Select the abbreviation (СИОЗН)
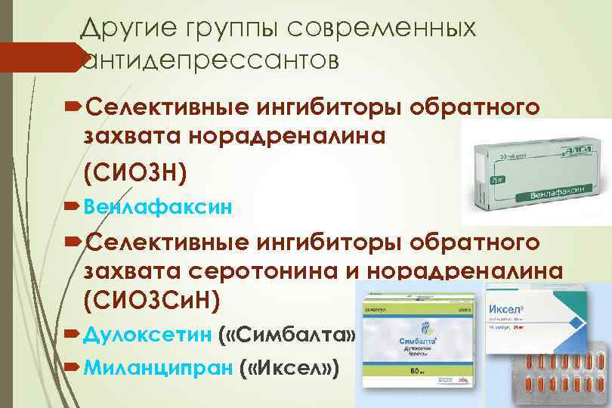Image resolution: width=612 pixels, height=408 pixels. (134, 173)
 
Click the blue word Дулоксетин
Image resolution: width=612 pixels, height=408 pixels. (147, 333)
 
